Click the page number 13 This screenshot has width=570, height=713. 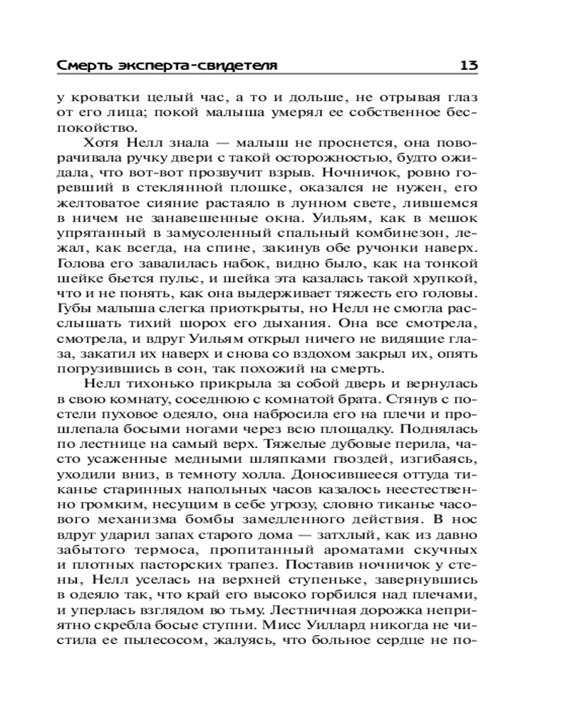[468, 66]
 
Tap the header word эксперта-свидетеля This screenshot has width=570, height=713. [192, 66]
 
